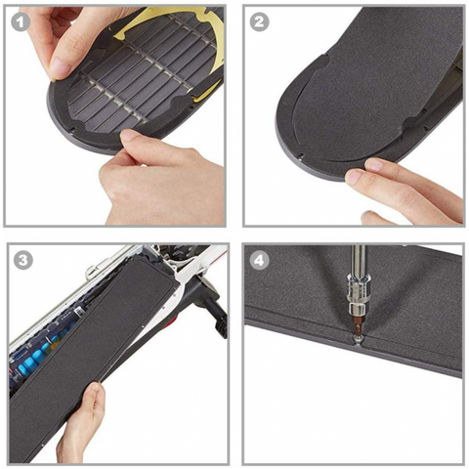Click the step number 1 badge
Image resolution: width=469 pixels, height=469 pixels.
click(21, 22)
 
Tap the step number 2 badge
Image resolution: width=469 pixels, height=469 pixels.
click(259, 22)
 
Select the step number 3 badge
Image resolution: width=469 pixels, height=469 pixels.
click(23, 260)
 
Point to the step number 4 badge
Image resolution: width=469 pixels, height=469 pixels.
click(259, 260)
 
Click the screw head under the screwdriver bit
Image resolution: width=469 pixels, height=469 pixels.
click(358, 339)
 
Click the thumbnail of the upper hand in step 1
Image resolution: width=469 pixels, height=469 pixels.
click(60, 67)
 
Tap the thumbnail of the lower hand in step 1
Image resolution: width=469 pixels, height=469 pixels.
click(131, 135)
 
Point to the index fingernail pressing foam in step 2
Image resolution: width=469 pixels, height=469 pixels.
click(355, 177)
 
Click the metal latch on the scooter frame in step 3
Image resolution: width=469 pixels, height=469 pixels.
click(92, 271)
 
